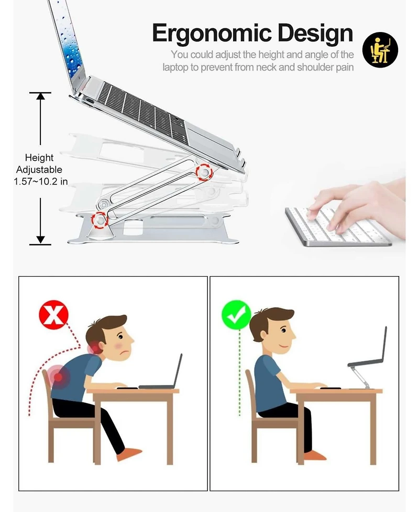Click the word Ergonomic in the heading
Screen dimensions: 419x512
pos(212,34)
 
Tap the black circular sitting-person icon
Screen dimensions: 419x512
pos(380,50)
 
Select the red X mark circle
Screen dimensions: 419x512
pos(53,315)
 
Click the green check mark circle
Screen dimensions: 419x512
pos(236,315)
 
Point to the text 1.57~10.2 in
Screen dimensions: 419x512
pos(41,181)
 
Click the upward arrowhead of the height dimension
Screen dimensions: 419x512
pos(40,96)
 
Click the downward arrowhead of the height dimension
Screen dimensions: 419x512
pos(40,239)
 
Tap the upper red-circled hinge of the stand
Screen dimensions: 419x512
pos(204,172)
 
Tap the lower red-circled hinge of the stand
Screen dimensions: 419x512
pos(100,220)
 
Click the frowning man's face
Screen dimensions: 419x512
pos(121,343)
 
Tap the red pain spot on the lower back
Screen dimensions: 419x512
pos(58,377)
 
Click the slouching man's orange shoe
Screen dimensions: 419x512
pos(129,454)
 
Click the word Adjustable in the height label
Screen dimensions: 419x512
pos(39,170)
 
